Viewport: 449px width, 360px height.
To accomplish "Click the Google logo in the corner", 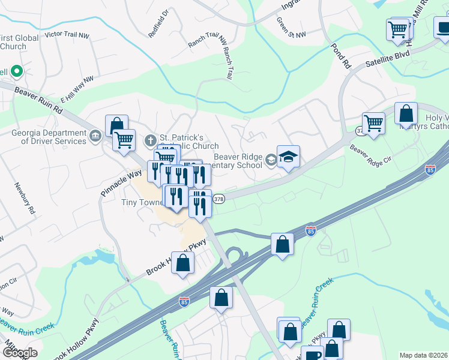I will (x=19, y=352).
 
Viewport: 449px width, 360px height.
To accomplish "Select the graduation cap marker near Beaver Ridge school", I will (x=288, y=157).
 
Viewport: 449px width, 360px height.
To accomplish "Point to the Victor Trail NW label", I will (x=70, y=35).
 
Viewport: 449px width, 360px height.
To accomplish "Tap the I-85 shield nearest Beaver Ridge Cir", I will (x=430, y=170).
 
